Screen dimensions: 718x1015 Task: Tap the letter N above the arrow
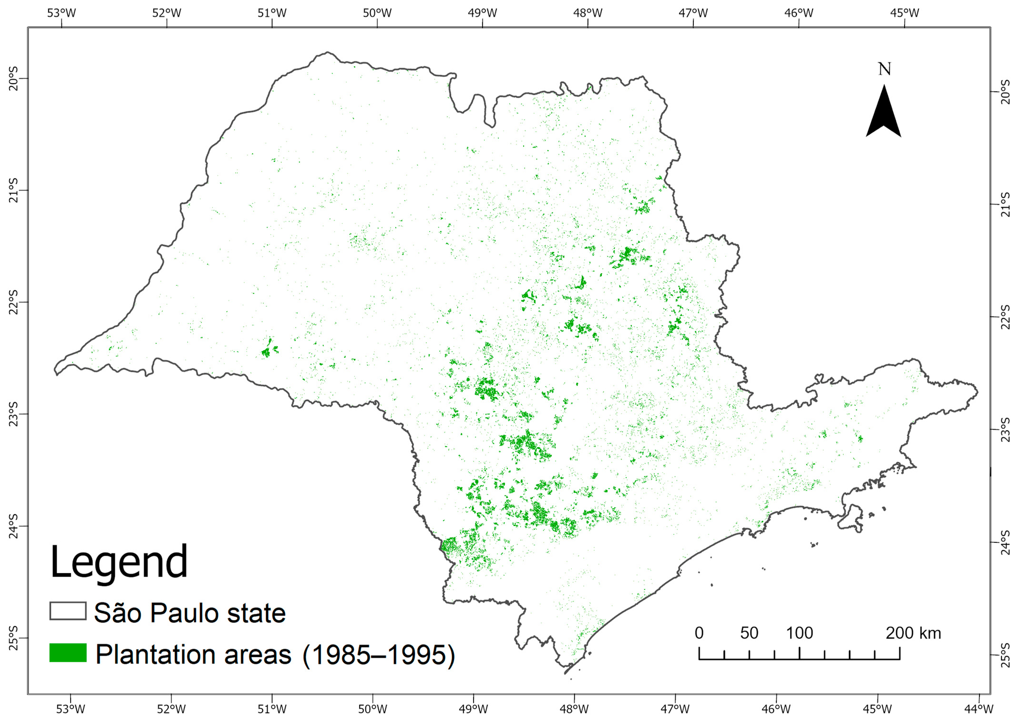884,69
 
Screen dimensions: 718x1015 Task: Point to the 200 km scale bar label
913,633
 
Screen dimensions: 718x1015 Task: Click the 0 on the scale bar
699,633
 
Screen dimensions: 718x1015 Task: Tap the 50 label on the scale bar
749,633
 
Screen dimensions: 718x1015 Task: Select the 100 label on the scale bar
799,633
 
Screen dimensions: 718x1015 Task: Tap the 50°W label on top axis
377,13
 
